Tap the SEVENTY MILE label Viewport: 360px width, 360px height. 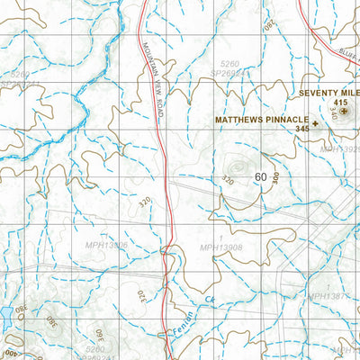328,92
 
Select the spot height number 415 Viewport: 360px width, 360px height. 339,103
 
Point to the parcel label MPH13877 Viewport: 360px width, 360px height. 328,295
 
